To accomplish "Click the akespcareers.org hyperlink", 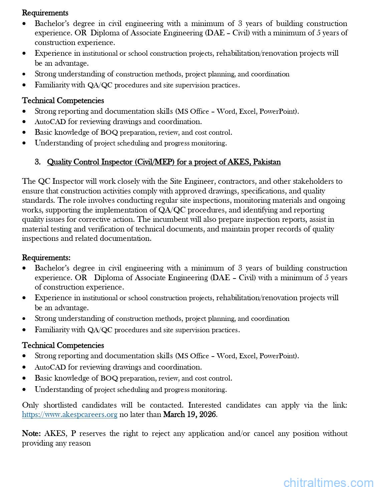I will click(69, 415).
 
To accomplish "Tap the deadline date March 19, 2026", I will click(190, 415).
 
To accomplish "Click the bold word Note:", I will click(31, 433).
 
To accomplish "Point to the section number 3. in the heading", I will click(38, 162).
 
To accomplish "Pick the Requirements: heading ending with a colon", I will click(46, 258).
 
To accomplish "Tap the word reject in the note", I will click(161, 433).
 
